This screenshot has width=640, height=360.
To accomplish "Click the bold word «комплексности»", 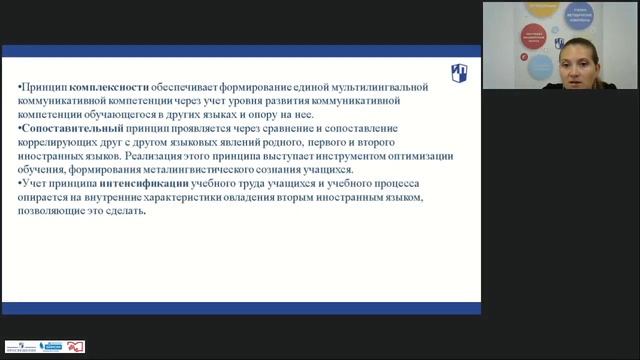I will point(104,88).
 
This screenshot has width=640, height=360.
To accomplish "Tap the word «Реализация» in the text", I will point(190,156).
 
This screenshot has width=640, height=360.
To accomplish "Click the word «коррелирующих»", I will point(62,143).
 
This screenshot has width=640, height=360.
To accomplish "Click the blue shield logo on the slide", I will point(459,73).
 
